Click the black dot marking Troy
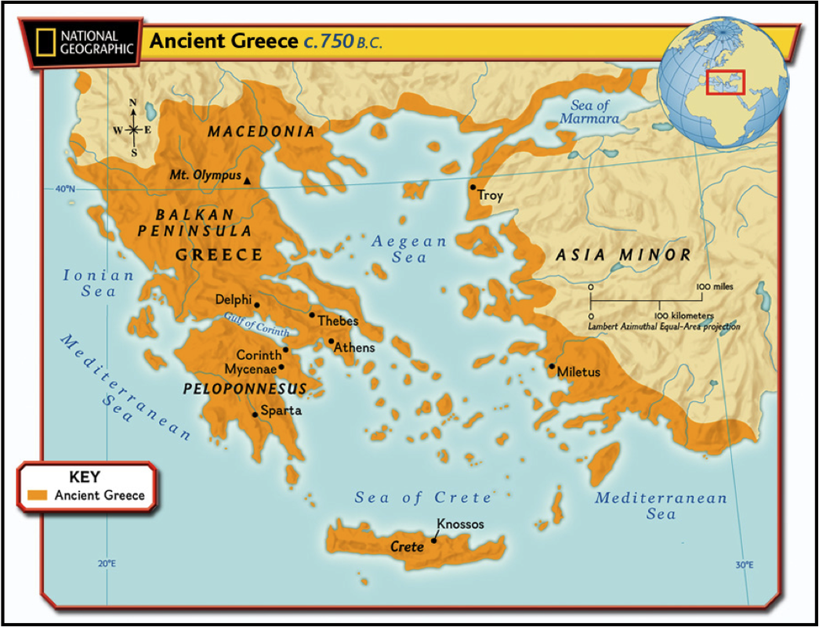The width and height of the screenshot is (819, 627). (x=473, y=187)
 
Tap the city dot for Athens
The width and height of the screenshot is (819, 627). (x=332, y=341)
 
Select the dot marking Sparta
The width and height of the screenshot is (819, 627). (x=255, y=415)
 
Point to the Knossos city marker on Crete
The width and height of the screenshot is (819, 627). (x=434, y=540)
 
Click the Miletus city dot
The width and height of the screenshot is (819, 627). (x=552, y=366)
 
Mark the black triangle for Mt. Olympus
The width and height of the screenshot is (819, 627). (x=248, y=181)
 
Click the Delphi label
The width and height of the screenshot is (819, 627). (x=234, y=299)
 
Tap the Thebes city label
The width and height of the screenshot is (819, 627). (x=338, y=321)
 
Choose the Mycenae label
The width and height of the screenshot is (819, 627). (x=251, y=368)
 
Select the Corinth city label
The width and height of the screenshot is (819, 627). (x=259, y=355)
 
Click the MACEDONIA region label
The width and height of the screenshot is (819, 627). (x=261, y=132)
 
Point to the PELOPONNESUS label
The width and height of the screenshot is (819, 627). (x=245, y=389)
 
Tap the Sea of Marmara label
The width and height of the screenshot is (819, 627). (x=589, y=112)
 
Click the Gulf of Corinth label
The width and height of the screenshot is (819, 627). (x=256, y=324)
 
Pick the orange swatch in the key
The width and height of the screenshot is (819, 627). (x=38, y=495)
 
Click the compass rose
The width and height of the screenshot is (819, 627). (x=133, y=129)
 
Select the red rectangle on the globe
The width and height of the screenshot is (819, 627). (x=725, y=82)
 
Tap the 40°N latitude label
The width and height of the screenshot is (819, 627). (x=65, y=189)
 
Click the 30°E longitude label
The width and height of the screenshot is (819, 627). (x=745, y=564)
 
